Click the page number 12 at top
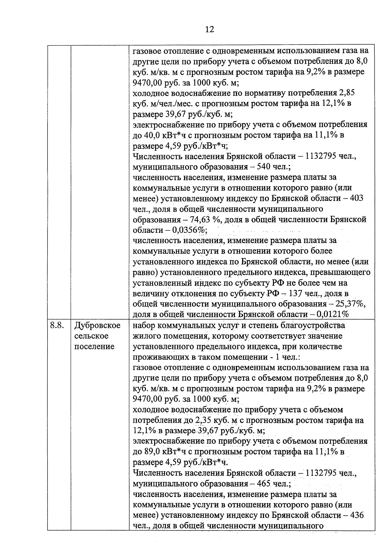pos(210,30)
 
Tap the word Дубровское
pos(97,325)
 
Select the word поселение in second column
pos(94,346)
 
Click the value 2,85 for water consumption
pos(347,93)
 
